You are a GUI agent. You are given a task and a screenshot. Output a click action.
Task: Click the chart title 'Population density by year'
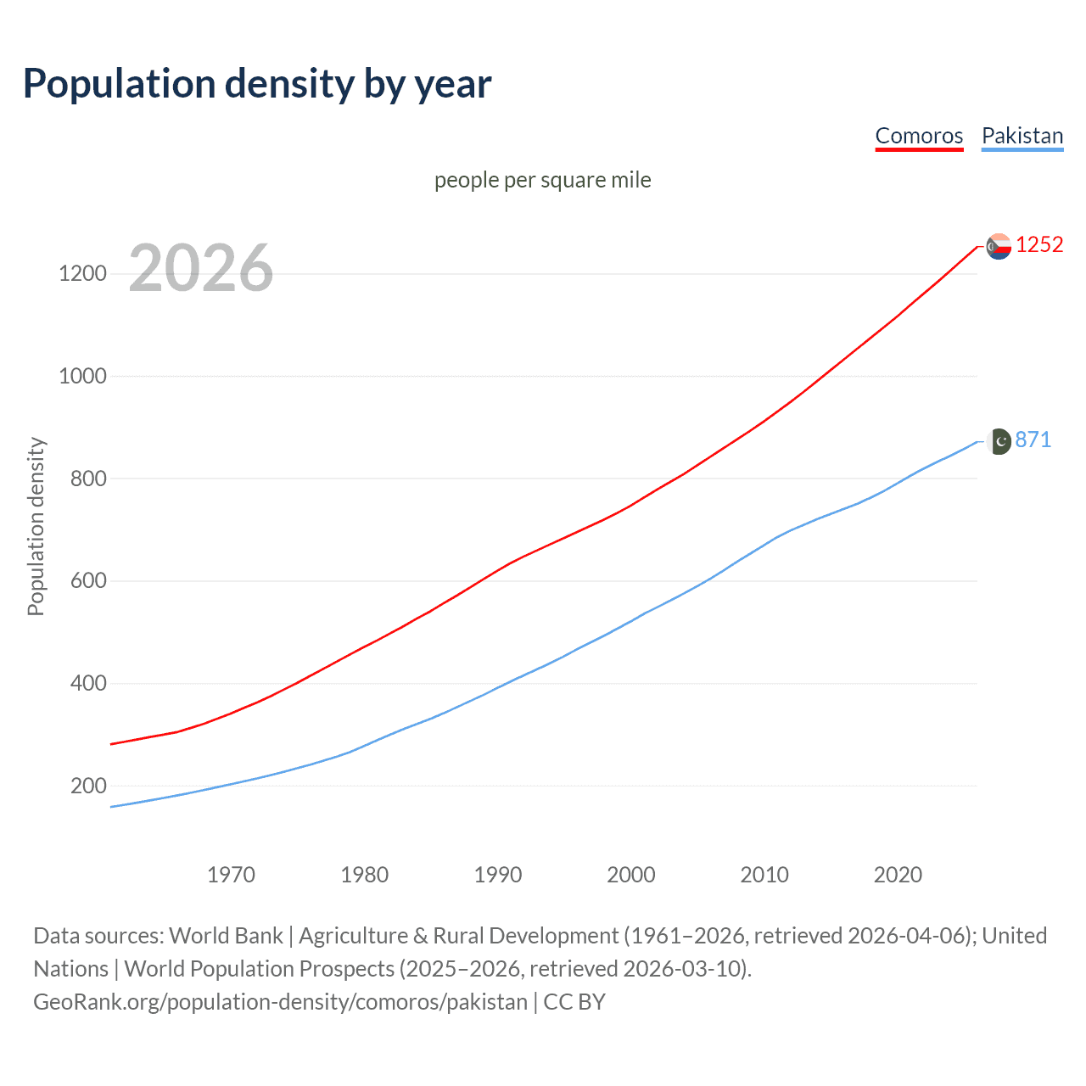pyautogui.click(x=257, y=84)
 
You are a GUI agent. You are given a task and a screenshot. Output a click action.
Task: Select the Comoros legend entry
pyautogui.click(x=919, y=136)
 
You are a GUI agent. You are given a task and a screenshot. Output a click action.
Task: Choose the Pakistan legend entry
pyautogui.click(x=1022, y=136)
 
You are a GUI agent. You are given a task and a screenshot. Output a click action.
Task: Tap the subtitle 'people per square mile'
pyautogui.click(x=542, y=180)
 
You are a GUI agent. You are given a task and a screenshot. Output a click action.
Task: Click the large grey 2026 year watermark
pyautogui.click(x=201, y=268)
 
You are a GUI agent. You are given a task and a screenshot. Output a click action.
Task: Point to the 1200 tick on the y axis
pyautogui.click(x=82, y=273)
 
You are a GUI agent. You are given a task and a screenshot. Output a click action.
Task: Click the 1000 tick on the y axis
pyautogui.click(x=82, y=376)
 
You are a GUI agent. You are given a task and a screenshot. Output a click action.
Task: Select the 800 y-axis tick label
pyautogui.click(x=88, y=479)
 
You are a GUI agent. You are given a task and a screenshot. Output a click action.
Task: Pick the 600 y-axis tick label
pyautogui.click(x=88, y=581)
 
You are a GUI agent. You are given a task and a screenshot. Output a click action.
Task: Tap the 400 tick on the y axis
pyautogui.click(x=88, y=683)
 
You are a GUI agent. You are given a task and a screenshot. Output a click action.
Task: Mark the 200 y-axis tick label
pyautogui.click(x=88, y=786)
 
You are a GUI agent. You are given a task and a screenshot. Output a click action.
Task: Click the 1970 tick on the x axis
pyautogui.click(x=231, y=874)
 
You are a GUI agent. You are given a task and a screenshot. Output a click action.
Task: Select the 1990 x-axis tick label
pyautogui.click(x=498, y=874)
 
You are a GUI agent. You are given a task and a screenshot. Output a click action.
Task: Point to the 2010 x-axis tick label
pyautogui.click(x=764, y=874)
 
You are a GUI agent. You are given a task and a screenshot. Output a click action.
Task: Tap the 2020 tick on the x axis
pyautogui.click(x=898, y=874)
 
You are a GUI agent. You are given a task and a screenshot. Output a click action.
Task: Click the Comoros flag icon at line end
pyautogui.click(x=999, y=246)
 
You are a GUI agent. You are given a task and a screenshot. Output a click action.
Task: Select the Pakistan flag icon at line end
pyautogui.click(x=999, y=441)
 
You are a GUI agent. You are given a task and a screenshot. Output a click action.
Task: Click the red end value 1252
pyautogui.click(x=1039, y=245)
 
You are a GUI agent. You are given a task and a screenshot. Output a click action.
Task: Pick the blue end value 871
pyautogui.click(x=1033, y=439)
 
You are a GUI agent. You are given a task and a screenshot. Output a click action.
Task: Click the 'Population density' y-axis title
pyautogui.click(x=36, y=526)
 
